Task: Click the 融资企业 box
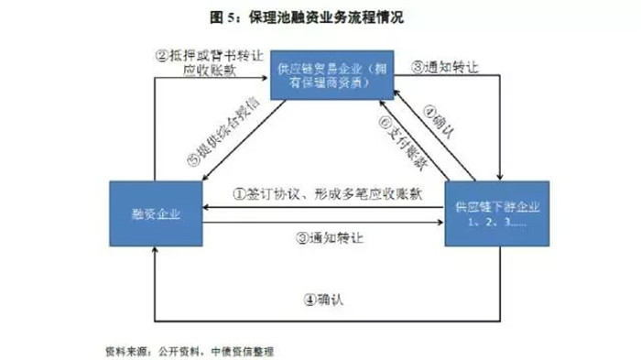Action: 155,214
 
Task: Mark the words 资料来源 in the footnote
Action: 124,350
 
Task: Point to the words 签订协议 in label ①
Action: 273,193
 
